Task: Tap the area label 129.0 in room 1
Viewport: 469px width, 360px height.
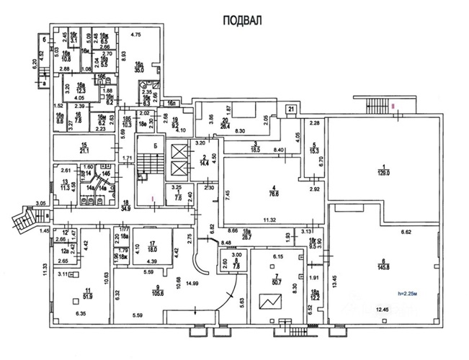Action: click(385, 174)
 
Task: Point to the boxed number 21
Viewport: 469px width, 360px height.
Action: click(290, 109)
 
